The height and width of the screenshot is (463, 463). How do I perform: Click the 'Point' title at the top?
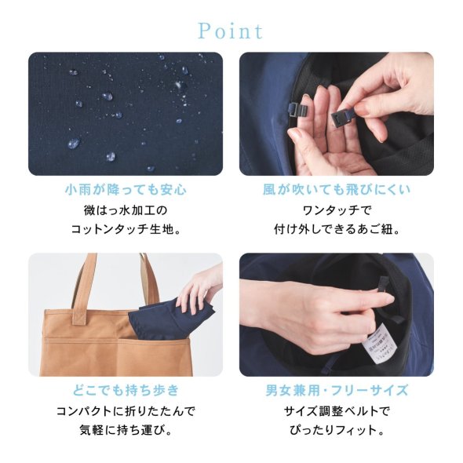pos(230,31)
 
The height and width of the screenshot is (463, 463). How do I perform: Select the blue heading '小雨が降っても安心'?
pos(126,190)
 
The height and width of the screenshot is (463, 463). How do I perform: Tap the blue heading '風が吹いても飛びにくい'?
pos(337,190)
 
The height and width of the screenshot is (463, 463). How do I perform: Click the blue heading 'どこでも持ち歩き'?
pos(126,390)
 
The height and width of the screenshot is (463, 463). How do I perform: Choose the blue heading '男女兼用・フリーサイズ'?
pos(337,390)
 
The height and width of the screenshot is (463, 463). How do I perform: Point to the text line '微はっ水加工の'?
pos(126,210)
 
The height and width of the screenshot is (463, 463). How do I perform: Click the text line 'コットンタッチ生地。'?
pos(126,229)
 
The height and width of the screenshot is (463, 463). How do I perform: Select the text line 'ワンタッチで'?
pos(337,210)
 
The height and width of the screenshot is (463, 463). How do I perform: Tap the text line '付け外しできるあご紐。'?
pos(337,229)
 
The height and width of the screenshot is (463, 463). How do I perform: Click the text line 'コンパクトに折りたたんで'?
pos(126,411)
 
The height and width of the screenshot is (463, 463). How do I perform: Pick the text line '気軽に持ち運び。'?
pos(126,430)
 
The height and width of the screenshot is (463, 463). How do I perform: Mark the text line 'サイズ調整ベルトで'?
pos(337,411)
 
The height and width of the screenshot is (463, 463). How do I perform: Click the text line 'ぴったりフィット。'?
pos(337,430)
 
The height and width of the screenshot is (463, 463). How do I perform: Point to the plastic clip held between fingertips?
pos(340,118)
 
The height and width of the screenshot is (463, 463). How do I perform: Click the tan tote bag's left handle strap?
pos(83,290)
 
